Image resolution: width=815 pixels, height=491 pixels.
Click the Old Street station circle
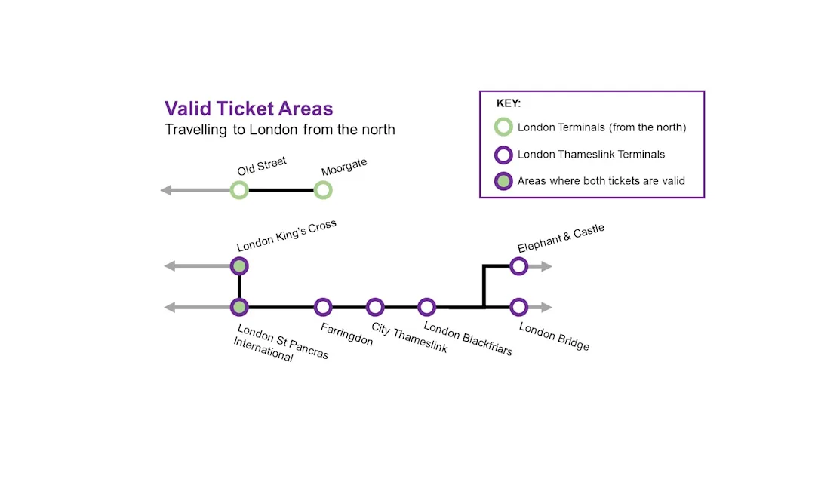(239, 190)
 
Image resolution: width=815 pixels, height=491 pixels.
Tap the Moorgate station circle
(323, 190)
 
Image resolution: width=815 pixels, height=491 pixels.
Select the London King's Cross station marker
(239, 265)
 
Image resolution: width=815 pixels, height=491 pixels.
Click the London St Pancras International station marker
(239, 307)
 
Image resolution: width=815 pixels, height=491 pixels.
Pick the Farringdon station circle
(323, 307)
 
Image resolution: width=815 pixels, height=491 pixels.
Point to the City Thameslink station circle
(375, 307)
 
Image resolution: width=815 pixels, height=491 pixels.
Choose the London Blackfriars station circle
(427, 307)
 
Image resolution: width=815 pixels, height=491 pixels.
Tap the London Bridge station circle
(518, 307)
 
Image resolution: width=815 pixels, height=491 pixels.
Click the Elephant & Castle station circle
(518, 265)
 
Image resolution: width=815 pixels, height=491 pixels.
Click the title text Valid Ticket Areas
(248, 109)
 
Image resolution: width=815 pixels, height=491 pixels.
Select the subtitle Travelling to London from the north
(280, 130)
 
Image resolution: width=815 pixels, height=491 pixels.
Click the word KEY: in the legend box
(509, 103)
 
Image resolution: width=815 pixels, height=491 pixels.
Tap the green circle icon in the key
(503, 127)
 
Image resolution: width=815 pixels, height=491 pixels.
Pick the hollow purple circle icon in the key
(503, 155)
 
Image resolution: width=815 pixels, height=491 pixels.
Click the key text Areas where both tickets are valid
(601, 181)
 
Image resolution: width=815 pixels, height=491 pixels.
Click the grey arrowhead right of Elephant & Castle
(546, 265)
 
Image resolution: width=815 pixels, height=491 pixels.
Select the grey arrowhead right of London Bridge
(546, 307)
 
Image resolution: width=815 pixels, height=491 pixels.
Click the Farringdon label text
(346, 334)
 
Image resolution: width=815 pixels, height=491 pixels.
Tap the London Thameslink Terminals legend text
(591, 155)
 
